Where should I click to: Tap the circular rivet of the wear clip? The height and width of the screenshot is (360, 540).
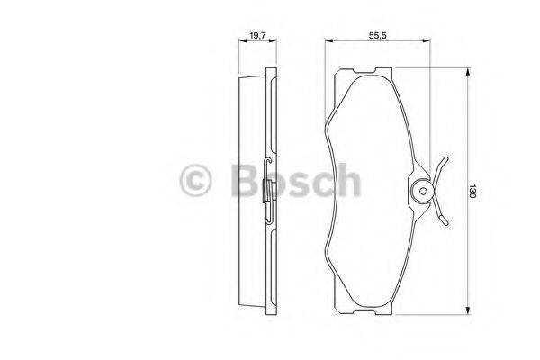[x=420, y=191]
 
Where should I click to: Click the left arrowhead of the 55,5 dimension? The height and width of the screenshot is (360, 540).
[x=328, y=41]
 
